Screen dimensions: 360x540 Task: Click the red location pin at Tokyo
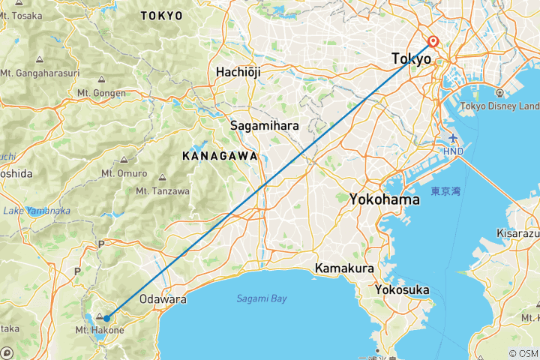point(433,43)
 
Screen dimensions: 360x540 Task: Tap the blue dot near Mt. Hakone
point(106,319)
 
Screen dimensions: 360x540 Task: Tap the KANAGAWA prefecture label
point(220,156)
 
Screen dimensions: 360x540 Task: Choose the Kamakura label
point(343,268)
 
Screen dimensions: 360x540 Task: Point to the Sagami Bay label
point(262,298)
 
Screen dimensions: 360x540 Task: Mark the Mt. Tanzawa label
point(161,191)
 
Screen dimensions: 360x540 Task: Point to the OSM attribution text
point(523,353)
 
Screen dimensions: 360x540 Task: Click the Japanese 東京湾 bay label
point(445,192)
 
